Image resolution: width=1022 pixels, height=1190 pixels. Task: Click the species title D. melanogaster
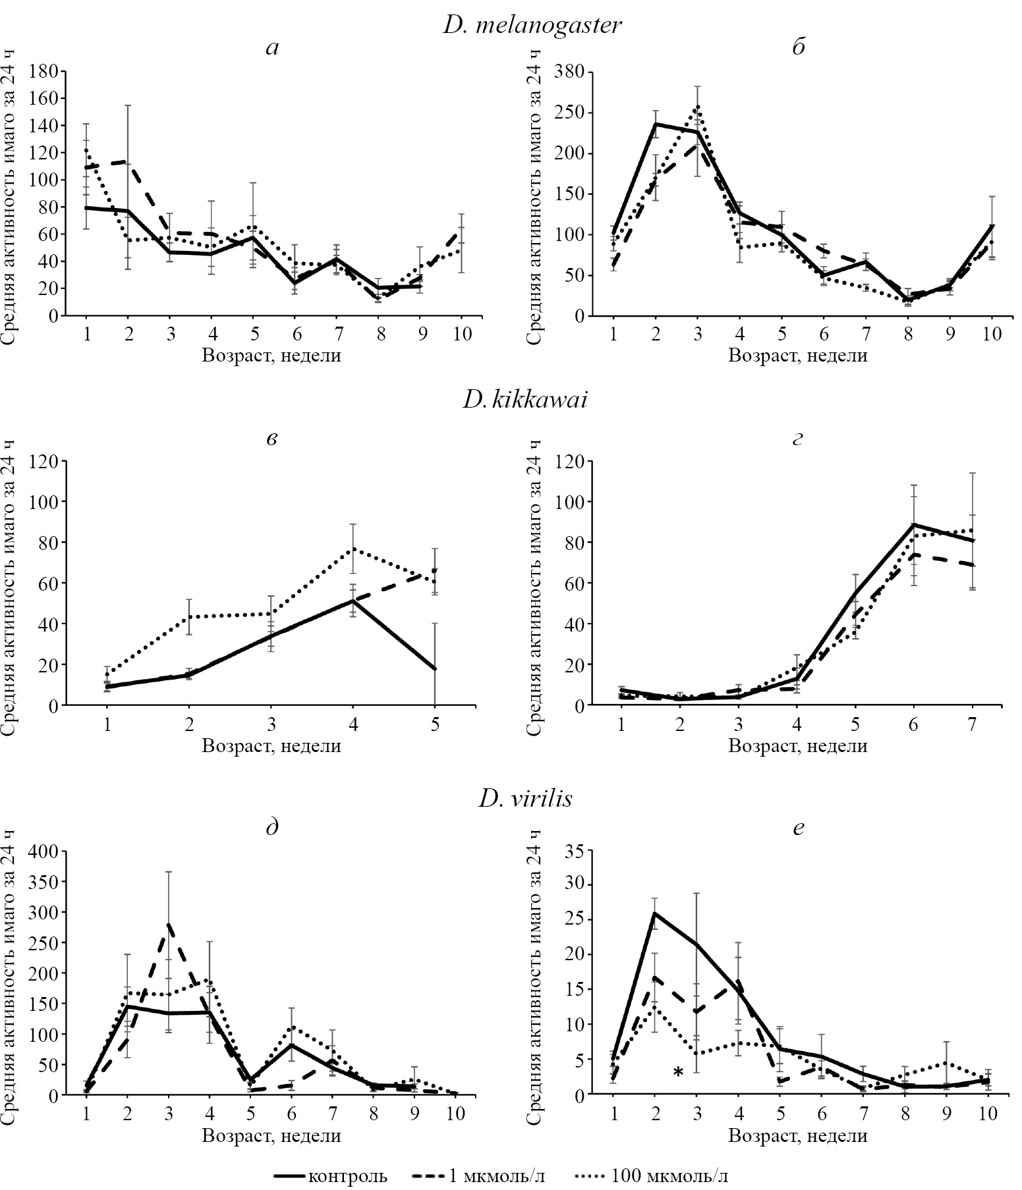point(532,25)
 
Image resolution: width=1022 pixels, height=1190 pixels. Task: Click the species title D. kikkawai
point(525,400)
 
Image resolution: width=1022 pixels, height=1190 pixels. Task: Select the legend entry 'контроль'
point(330,1176)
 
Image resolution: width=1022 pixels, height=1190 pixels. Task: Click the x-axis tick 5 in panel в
point(434,724)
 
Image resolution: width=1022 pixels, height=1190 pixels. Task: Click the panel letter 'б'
point(799,47)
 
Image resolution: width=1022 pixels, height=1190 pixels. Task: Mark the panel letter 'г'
point(799,438)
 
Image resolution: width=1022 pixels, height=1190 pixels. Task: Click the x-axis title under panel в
point(271,746)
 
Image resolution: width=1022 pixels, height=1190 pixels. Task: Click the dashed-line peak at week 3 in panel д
point(169,924)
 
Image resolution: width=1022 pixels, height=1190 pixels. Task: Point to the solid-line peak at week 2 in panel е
point(654,913)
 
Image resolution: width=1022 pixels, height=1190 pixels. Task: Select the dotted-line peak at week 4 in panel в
point(353,548)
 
